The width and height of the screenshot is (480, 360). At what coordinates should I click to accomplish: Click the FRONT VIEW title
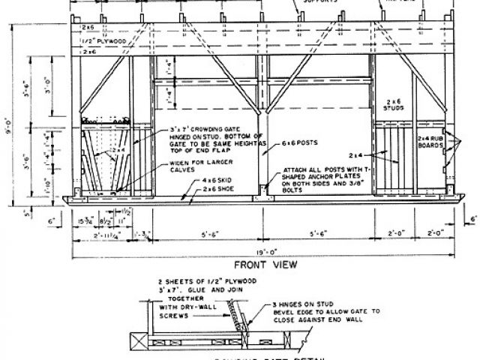tap(265, 265)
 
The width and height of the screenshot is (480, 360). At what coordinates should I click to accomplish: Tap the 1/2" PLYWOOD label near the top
tap(104, 43)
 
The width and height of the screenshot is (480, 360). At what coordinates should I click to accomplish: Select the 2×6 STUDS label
tap(397, 103)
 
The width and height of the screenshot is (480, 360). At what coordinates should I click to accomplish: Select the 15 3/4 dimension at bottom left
tap(84, 220)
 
